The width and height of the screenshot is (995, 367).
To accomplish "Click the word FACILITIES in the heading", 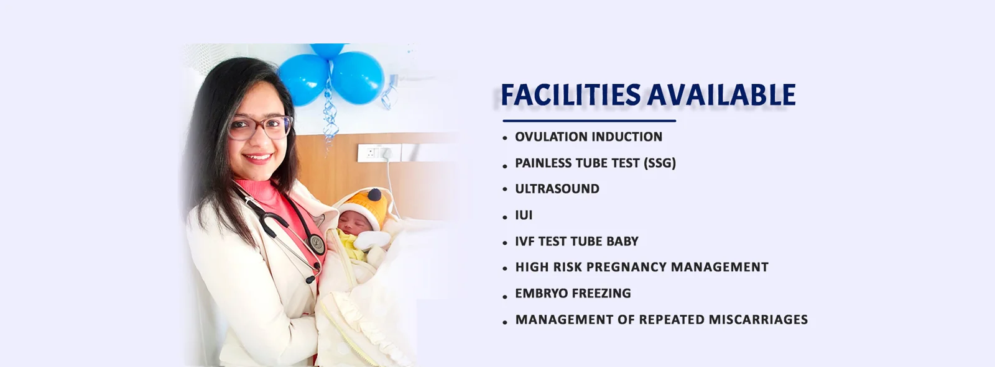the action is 570,94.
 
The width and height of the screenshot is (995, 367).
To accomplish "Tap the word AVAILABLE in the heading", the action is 721,94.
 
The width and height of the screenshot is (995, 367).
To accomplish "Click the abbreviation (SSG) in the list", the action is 660,163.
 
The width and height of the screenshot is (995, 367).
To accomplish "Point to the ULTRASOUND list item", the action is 557,189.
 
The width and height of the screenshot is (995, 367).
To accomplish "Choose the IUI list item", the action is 524,215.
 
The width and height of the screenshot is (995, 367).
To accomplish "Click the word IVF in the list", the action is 525,242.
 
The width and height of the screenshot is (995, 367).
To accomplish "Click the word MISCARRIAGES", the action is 758,320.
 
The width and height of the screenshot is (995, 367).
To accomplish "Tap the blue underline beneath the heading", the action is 589,120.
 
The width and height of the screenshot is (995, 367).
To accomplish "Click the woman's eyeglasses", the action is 260,128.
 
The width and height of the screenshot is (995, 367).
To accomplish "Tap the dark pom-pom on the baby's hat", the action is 374,195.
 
